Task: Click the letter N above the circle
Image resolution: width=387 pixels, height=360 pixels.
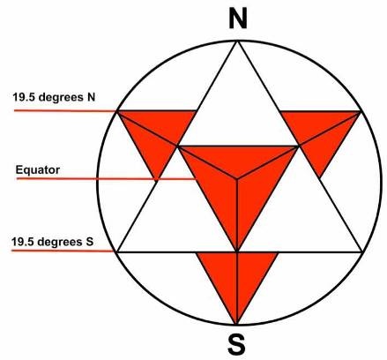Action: (x=238, y=19)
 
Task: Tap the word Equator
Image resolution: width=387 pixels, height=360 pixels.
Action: (x=38, y=170)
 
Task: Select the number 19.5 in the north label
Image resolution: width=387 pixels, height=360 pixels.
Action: (x=23, y=97)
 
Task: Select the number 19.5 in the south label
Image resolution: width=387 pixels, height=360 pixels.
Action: (x=22, y=242)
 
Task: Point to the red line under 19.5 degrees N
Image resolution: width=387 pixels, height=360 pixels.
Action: (x=65, y=110)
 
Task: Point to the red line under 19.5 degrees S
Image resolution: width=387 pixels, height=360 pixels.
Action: (x=63, y=251)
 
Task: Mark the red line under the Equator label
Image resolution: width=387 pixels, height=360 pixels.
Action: (x=107, y=178)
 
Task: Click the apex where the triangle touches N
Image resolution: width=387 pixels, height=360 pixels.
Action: (x=237, y=42)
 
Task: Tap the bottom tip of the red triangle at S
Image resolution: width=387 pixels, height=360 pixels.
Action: (x=236, y=324)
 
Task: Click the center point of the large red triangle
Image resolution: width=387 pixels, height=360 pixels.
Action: (x=237, y=177)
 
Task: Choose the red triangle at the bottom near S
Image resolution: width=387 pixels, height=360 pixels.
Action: (x=236, y=280)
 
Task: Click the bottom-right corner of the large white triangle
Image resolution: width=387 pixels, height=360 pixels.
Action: (x=362, y=251)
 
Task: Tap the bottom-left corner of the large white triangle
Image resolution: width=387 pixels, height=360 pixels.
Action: (x=117, y=252)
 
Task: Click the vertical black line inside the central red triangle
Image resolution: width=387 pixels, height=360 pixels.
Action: (x=237, y=214)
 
